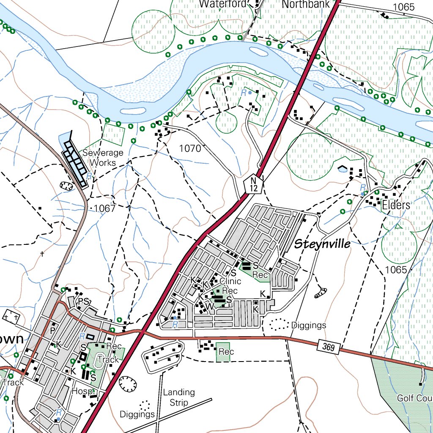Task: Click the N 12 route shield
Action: pyautogui.click(x=253, y=184)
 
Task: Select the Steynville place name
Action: pyautogui.click(x=322, y=244)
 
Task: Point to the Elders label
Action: pyautogui.click(x=395, y=206)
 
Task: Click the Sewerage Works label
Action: pyautogui.click(x=103, y=157)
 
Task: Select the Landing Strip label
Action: pyautogui.click(x=179, y=397)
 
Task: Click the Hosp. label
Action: pyautogui.click(x=82, y=391)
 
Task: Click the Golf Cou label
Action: pyautogui.click(x=414, y=398)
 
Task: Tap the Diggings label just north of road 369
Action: pyautogui.click(x=309, y=325)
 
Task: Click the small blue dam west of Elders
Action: pyautogui.click(x=342, y=169)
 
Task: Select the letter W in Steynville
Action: pyautogui.click(x=208, y=306)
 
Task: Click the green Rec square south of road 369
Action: pyautogui.click(x=223, y=352)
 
